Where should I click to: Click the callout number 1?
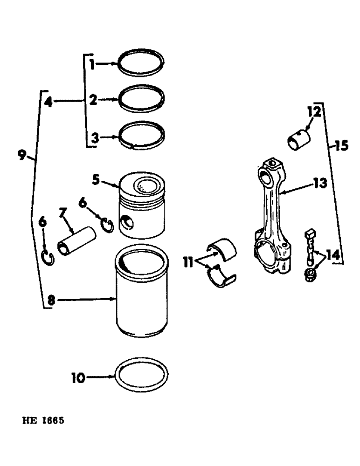click(92, 64)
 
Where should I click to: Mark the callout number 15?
click(341, 146)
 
